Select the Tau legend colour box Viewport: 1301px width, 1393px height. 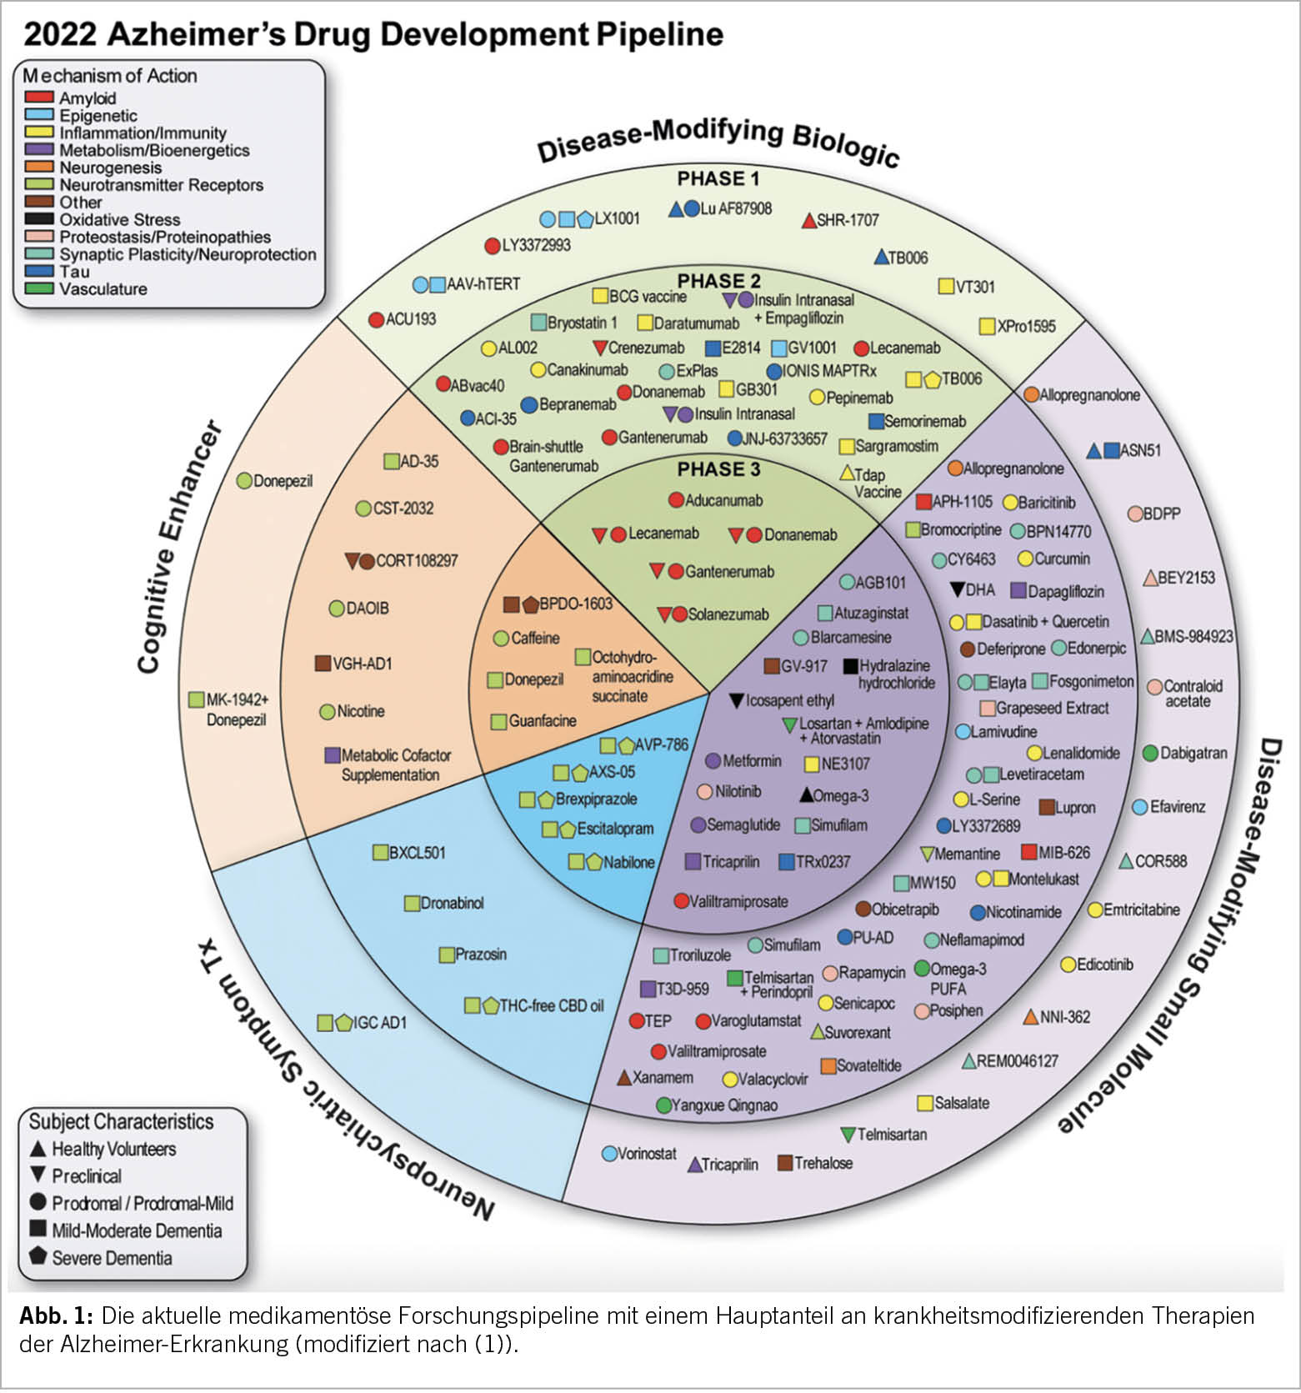[x=40, y=272]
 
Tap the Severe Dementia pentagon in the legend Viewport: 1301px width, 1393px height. [x=38, y=1256]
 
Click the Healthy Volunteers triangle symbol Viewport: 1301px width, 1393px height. [x=38, y=1149]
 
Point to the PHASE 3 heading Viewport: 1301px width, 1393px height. [x=718, y=469]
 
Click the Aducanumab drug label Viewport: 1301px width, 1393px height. [x=723, y=500]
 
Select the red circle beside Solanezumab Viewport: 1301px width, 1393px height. [x=679, y=614]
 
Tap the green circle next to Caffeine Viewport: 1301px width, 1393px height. [x=501, y=639]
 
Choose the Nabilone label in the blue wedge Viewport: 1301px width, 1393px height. [x=629, y=862]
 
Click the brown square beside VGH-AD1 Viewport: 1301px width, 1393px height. [x=323, y=664]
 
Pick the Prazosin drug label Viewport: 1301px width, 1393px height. [x=481, y=954]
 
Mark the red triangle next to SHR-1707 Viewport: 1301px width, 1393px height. [x=808, y=221]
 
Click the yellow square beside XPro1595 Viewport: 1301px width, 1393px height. [x=987, y=326]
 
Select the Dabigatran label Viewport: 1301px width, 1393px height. [x=1193, y=753]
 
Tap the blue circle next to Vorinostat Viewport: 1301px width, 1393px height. [x=609, y=1154]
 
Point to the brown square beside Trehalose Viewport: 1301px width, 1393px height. [x=784, y=1162]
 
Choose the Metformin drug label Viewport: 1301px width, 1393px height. [x=752, y=760]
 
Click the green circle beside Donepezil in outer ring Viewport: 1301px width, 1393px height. [x=244, y=481]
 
